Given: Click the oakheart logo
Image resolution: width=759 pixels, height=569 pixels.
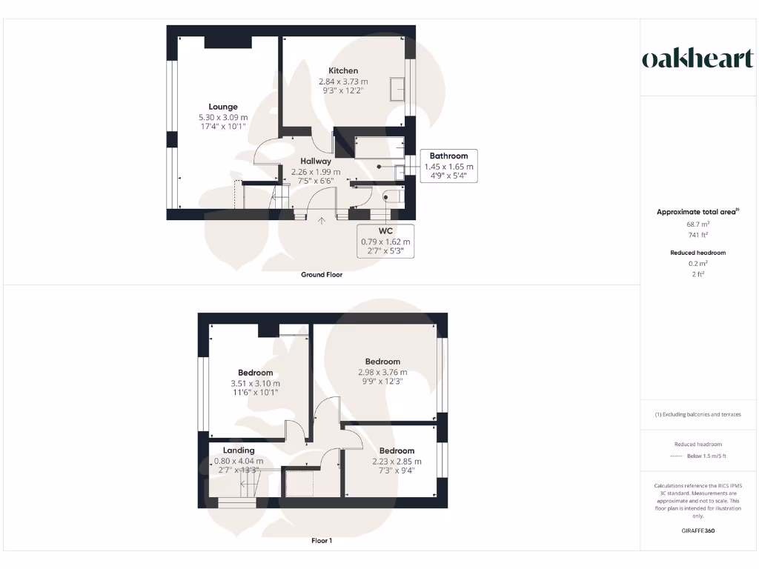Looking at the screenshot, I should (x=697, y=59).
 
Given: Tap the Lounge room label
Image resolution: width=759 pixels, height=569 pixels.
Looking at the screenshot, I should (x=222, y=107).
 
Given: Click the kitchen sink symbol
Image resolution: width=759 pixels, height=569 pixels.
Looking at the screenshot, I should (x=398, y=87).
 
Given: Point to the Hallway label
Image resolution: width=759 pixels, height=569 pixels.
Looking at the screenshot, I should (x=316, y=161).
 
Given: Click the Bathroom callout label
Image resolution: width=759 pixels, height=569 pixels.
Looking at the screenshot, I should (x=449, y=156).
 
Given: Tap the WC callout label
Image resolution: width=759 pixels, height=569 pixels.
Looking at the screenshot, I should (x=385, y=231).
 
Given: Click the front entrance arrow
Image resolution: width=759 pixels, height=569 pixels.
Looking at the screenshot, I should (x=322, y=220).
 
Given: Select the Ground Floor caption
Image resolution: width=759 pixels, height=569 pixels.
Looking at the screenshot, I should (x=322, y=275).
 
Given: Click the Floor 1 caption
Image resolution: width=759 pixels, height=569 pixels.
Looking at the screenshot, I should (x=322, y=541).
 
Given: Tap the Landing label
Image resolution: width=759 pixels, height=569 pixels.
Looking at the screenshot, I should (x=239, y=450).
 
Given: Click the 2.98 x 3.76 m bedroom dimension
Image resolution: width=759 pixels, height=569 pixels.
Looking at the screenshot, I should (x=382, y=373).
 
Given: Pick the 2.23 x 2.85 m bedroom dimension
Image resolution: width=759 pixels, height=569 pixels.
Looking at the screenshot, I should (x=397, y=461).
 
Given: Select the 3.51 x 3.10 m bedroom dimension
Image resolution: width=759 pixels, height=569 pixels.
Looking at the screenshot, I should (x=255, y=383).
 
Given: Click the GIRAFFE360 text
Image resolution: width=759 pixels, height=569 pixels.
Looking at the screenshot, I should (x=697, y=530).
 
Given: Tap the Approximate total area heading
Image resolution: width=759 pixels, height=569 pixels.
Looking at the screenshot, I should (x=697, y=212).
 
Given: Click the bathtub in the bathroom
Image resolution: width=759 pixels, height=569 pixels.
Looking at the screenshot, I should (x=379, y=147).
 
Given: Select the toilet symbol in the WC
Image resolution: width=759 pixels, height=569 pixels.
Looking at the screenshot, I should (x=391, y=196).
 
